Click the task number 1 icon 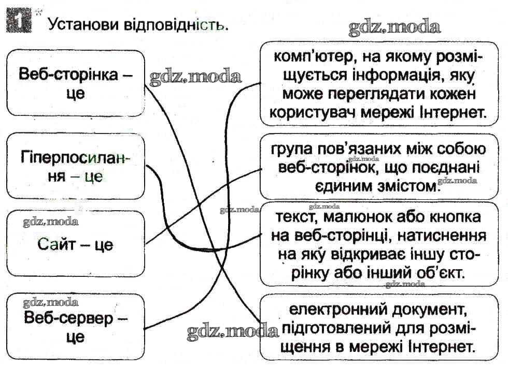pos(18,22)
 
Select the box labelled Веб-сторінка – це pos(75,83)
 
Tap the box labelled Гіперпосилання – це pos(75,166)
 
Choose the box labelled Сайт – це pos(75,243)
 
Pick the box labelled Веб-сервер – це pos(75,327)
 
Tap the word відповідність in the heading pos(175,24)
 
